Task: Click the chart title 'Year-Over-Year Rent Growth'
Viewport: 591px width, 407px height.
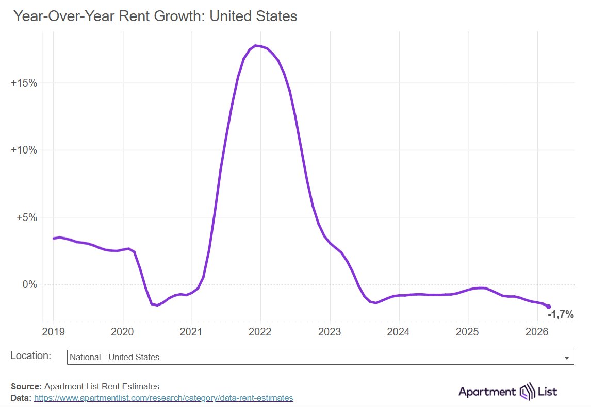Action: (155, 16)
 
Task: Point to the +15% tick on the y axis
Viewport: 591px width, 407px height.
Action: (24, 83)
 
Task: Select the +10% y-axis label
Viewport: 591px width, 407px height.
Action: (24, 150)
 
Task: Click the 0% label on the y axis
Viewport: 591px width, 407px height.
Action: (29, 285)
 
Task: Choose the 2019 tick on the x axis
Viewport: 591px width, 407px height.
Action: (54, 332)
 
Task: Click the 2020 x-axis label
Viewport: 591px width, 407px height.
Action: (123, 332)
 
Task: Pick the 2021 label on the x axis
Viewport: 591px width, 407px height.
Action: (192, 332)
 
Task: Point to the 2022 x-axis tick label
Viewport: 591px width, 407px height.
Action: (261, 332)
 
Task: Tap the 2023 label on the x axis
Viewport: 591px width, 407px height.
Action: (330, 332)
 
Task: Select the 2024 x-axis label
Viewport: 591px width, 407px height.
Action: (399, 332)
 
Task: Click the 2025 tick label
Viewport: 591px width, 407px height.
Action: (468, 332)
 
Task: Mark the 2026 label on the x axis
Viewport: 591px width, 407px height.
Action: (537, 332)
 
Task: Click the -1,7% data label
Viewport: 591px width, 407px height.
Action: (561, 315)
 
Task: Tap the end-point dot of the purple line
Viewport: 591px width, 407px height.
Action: (549, 307)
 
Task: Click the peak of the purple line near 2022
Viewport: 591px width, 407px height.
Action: (256, 46)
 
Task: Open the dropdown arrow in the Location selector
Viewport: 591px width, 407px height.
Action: (567, 358)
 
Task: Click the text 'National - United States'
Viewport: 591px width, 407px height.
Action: (114, 357)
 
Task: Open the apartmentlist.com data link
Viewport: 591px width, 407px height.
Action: (163, 398)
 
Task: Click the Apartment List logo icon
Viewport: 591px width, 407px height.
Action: (528, 392)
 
